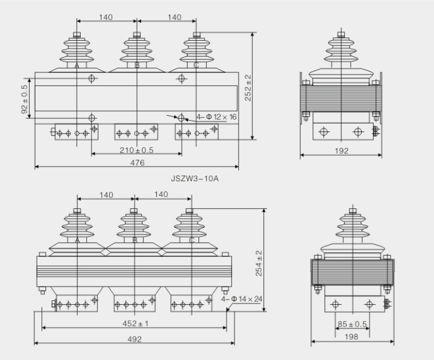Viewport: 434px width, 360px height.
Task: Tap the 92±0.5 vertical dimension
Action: (x=25, y=99)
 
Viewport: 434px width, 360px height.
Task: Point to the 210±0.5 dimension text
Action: (x=136, y=149)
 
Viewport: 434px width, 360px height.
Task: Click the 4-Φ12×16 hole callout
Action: (x=217, y=117)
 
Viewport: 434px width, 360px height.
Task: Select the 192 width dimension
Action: (x=341, y=151)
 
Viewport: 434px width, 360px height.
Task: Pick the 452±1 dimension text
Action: (x=134, y=323)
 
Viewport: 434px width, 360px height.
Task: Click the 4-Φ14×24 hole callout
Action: (x=242, y=300)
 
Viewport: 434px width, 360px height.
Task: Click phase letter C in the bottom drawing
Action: (x=191, y=240)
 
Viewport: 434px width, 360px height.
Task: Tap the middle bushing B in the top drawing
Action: (x=137, y=49)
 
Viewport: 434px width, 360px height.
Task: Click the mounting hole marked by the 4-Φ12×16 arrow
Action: (x=181, y=118)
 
